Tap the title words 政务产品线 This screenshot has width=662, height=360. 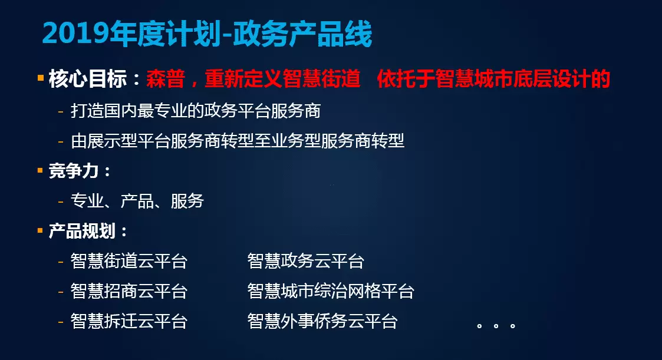(303, 34)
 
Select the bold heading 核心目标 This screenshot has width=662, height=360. (88, 79)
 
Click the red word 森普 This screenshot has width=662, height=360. (166, 79)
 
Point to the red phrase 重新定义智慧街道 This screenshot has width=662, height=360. (282, 79)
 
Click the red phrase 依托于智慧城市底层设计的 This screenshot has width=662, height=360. (493, 79)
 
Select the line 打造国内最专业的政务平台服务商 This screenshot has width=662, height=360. (196, 111)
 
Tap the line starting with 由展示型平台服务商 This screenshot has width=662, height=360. (238, 141)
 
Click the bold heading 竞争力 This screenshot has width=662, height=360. (74, 171)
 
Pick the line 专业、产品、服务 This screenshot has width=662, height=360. (137, 201)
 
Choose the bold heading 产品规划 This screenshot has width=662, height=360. (82, 231)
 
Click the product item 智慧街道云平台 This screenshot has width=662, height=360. (129, 261)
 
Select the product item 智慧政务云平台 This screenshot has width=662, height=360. (306, 261)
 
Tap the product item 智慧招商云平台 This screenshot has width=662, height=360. (129, 291)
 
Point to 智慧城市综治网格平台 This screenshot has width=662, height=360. (331, 291)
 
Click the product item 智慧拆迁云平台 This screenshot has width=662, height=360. (129, 321)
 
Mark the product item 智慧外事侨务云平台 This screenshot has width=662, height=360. (322, 321)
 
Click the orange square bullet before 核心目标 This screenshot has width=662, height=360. (41, 78)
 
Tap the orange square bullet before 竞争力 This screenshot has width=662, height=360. (41, 170)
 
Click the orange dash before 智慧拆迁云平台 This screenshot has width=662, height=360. (61, 322)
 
